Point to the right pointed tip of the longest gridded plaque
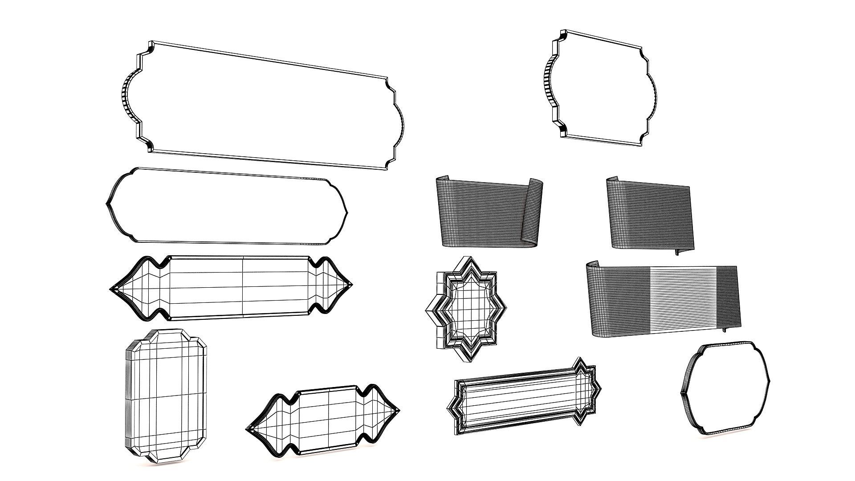tap(351, 284)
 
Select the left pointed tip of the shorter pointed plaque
tap(247, 429)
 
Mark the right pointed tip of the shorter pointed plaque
tap(399, 410)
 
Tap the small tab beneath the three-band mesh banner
tap(724, 330)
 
